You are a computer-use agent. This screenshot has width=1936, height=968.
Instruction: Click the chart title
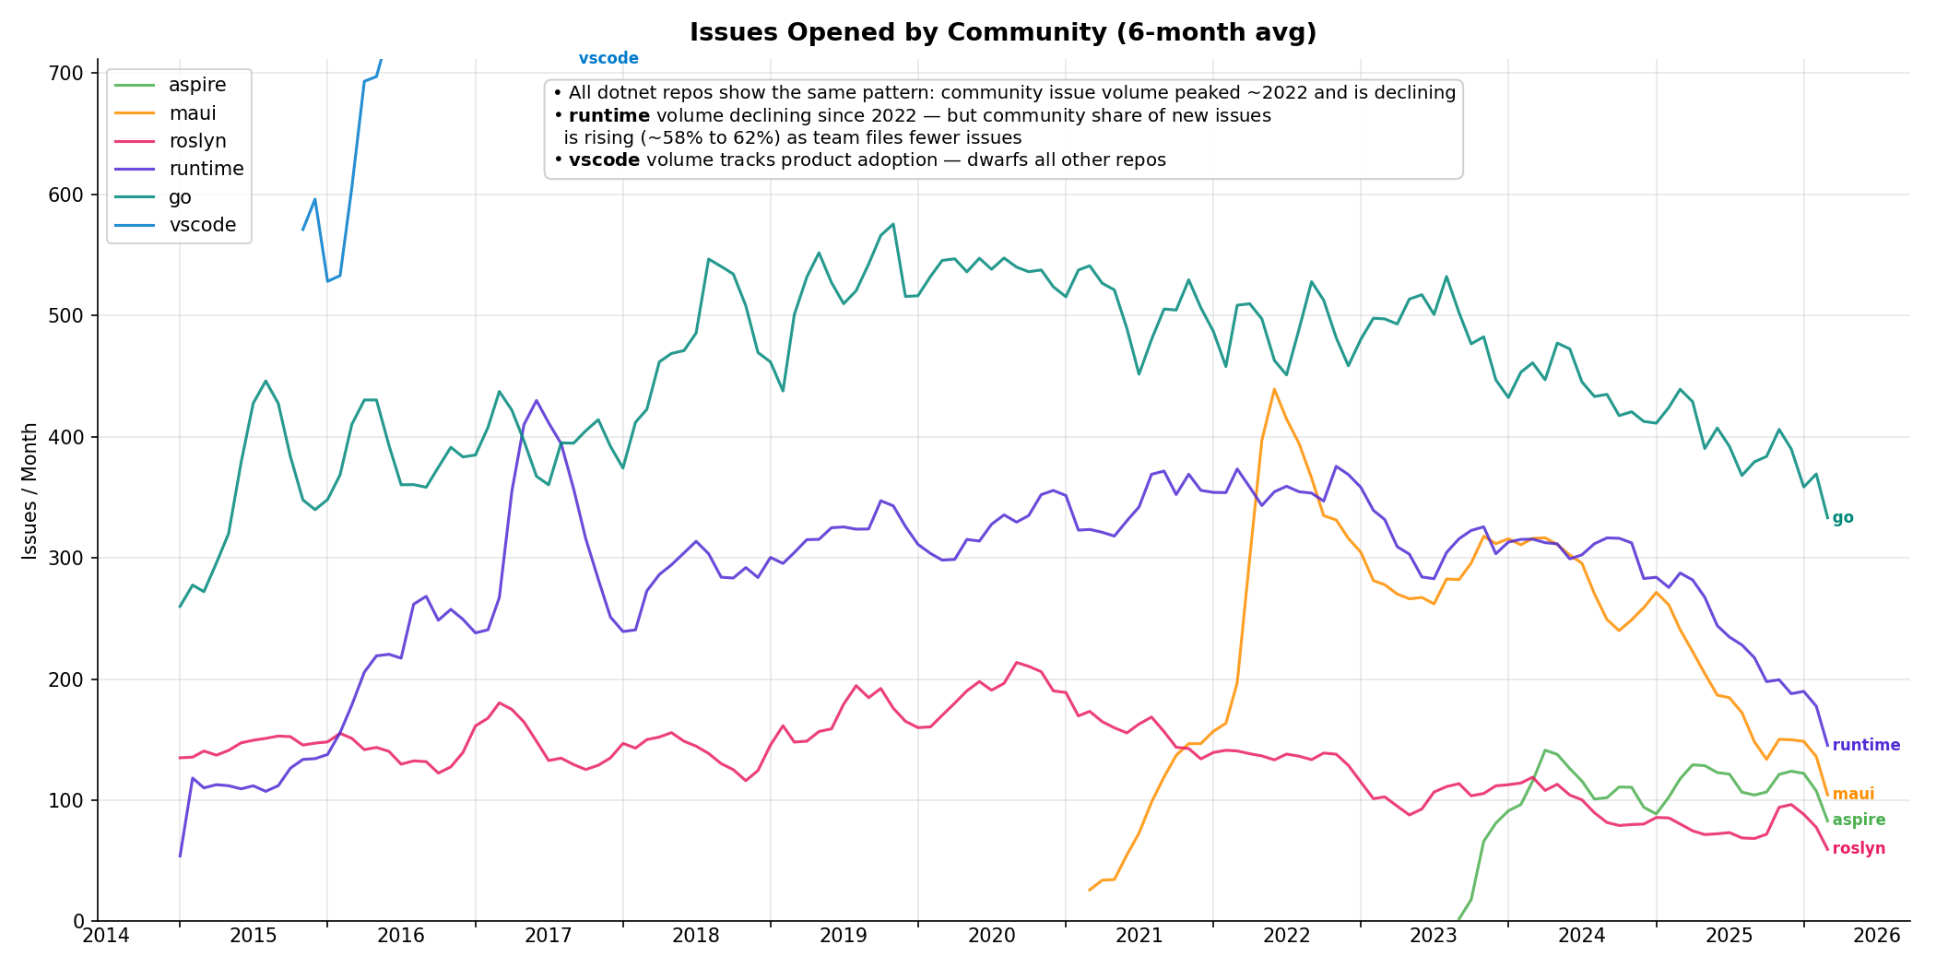(x=1003, y=33)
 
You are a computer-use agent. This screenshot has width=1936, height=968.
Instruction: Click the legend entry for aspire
(x=197, y=85)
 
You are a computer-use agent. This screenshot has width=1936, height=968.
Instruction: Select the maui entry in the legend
(x=193, y=113)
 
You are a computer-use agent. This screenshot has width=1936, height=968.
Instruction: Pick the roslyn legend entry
(x=197, y=141)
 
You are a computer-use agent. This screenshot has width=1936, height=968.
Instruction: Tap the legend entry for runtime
(x=207, y=169)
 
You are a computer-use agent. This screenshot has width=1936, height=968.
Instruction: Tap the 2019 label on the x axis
(x=844, y=936)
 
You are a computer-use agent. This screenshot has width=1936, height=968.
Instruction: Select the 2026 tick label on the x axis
(x=1877, y=936)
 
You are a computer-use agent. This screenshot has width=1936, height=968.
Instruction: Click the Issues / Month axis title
(x=30, y=490)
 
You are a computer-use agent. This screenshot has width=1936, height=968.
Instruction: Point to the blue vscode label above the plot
(x=608, y=59)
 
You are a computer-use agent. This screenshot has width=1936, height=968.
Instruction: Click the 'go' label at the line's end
(x=1843, y=518)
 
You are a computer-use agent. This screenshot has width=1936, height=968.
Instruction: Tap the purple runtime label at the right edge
(x=1866, y=746)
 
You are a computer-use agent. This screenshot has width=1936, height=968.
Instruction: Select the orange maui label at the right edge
(x=1853, y=795)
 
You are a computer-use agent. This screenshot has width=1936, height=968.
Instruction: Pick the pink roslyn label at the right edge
(x=1859, y=849)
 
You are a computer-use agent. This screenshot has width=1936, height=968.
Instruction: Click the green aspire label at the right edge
(x=1859, y=820)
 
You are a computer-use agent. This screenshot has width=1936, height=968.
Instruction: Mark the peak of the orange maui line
(x=1274, y=389)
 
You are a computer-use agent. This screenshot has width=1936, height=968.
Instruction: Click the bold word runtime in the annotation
(x=609, y=116)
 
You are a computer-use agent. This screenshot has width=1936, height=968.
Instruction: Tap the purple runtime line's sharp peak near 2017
(x=537, y=401)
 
